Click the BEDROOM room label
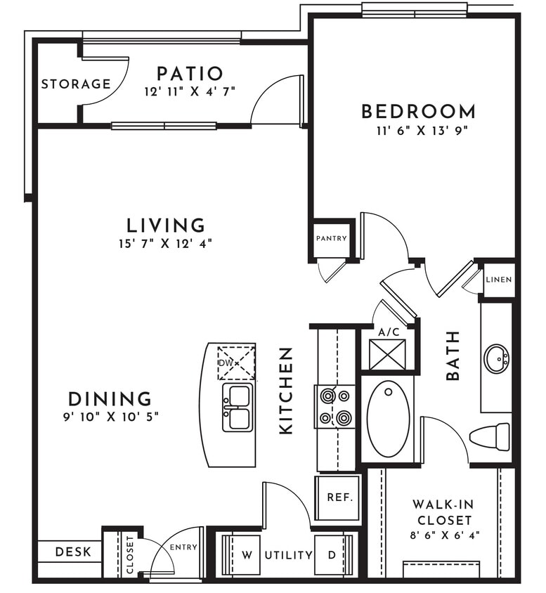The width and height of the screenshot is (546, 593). tap(418, 111)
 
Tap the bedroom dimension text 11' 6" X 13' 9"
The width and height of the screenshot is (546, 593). tap(418, 130)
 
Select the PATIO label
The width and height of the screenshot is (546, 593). tap(190, 73)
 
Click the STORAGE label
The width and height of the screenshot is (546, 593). tap(76, 84)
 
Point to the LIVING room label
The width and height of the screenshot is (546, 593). tap(166, 226)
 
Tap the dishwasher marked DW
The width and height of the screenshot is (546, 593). tap(235, 363)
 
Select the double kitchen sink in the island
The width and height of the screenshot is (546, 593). tap(237, 407)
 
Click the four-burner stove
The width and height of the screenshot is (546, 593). tap(335, 407)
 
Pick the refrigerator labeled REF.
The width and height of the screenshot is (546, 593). tap(338, 497)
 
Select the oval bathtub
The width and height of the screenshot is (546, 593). tap(388, 418)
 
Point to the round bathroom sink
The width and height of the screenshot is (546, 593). tap(497, 359)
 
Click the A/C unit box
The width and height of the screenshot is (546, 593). tap(387, 354)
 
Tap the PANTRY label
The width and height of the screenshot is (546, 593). tap(331, 238)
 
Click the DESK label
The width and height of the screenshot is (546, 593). tap(73, 552)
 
